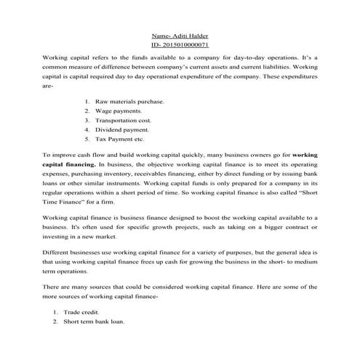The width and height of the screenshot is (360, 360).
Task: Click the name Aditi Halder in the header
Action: click(191, 36)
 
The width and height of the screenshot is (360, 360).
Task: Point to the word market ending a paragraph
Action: click(118, 236)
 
